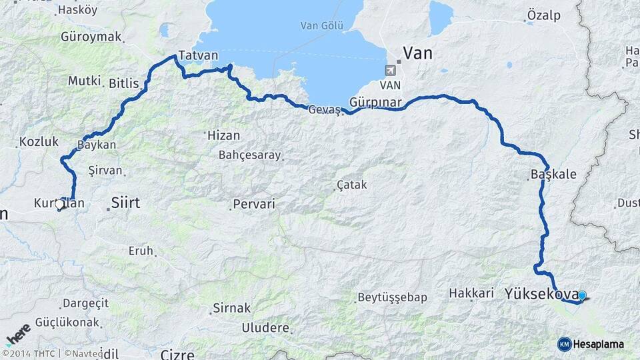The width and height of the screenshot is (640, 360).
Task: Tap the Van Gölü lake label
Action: click(322, 26)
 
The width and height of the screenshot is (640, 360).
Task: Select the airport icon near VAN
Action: click(391, 69)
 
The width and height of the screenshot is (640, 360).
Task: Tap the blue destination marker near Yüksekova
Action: click(582, 295)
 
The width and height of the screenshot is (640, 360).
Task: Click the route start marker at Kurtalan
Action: click(60, 205)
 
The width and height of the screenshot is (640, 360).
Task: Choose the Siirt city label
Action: click(125, 202)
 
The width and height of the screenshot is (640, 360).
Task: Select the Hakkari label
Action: click(471, 293)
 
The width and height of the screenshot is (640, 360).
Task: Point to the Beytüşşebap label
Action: click(392, 297)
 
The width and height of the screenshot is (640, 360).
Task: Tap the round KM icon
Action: click(564, 344)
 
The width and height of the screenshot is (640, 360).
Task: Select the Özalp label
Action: click(543, 15)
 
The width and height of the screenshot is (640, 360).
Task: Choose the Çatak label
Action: click(352, 184)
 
